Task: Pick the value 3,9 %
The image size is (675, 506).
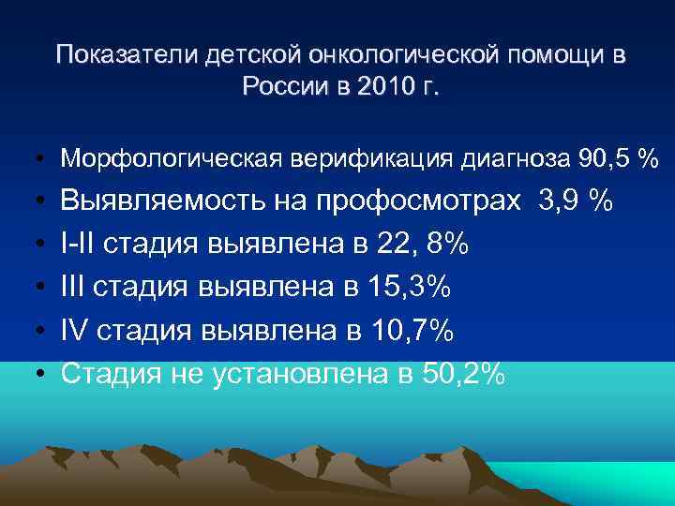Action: pos(575,201)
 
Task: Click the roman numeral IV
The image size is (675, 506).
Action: pos(75,331)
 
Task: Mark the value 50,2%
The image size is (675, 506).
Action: pos(462,374)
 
